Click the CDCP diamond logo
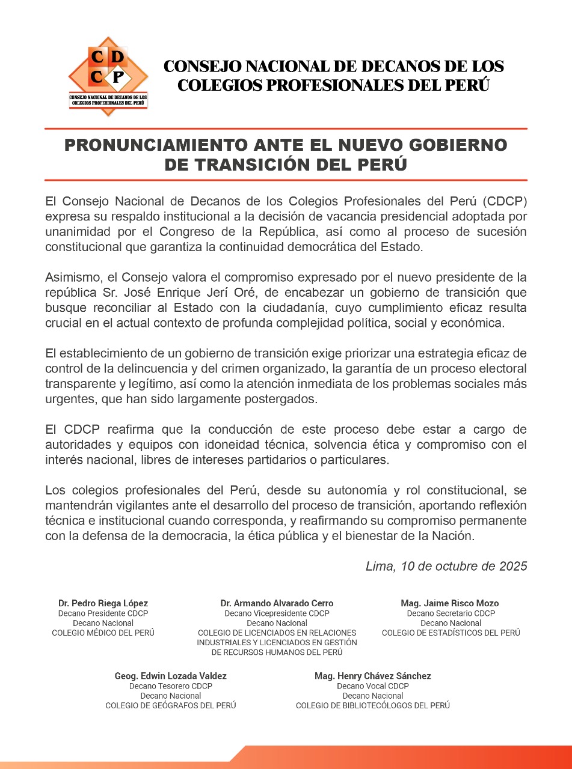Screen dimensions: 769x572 pos(108,75)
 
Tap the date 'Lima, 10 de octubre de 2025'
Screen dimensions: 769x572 pos(446,566)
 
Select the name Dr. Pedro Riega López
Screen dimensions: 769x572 pos(103,603)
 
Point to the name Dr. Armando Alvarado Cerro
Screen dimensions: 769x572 pos(277,603)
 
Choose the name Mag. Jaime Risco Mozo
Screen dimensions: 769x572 pos(450,603)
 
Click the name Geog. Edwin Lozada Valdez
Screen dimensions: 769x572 pos(171,676)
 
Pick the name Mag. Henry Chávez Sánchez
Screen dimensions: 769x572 pos(373,676)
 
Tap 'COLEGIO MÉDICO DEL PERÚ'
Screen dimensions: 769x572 pos(103,633)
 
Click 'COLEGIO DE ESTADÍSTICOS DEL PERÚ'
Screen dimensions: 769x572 pos(451,633)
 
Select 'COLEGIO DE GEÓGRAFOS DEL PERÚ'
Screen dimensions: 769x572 pos(171,705)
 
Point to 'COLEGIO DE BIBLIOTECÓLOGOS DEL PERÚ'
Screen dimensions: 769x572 pos(373,705)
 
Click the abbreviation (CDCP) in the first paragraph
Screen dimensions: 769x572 pos(505,200)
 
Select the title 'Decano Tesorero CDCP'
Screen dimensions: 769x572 pos(171,686)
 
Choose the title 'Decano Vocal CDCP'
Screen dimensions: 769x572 pos(373,686)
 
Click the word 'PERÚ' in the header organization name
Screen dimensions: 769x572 pos(467,85)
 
